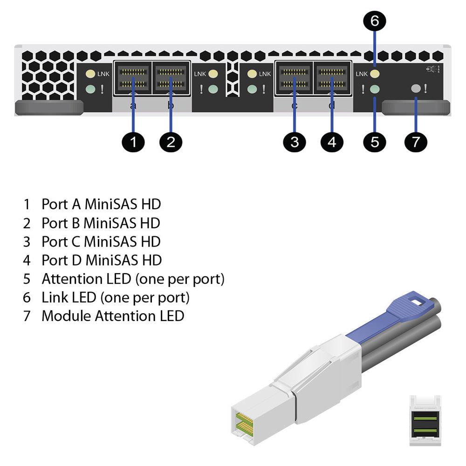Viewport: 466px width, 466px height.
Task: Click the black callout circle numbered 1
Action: (134, 142)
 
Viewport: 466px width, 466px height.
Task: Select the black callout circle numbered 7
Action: (416, 142)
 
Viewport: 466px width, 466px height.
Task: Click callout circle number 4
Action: (332, 142)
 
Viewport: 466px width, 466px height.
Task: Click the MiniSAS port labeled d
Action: (332, 78)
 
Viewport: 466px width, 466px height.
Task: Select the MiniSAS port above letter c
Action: (294, 78)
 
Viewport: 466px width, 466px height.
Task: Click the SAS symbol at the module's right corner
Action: (433, 69)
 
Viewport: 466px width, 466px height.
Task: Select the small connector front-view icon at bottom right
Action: (425, 420)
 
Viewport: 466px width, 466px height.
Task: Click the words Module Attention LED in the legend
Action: (113, 316)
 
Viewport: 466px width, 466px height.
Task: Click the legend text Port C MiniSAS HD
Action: (101, 241)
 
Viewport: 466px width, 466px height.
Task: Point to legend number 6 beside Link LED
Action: (27, 297)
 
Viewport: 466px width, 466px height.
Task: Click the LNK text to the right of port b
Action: (200, 74)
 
